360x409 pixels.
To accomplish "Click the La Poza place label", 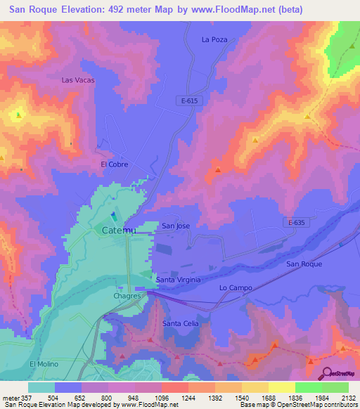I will (x=214, y=40).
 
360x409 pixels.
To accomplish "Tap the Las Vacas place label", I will (x=77, y=80).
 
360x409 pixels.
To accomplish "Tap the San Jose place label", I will (x=176, y=226).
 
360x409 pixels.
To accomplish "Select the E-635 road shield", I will (x=298, y=222).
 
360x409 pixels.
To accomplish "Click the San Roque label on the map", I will (x=304, y=264).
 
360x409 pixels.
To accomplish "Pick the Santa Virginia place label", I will (x=179, y=280).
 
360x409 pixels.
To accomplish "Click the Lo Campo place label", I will (x=236, y=288).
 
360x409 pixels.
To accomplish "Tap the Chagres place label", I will (x=128, y=297).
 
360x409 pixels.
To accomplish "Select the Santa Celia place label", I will (x=181, y=323).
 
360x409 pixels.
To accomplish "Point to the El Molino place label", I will (x=44, y=363).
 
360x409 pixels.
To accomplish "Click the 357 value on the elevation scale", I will (x=22, y=397).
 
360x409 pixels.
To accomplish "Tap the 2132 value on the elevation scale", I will (x=347, y=397).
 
